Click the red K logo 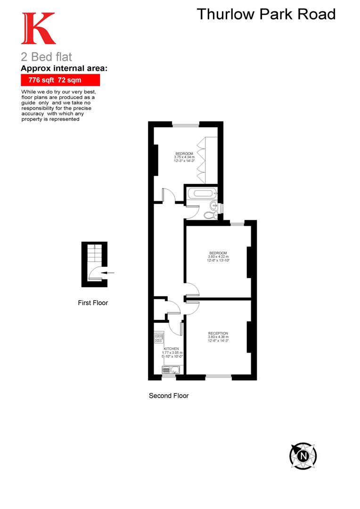(x=38, y=29)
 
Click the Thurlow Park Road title (x=266, y=14)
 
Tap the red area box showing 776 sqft (x=60, y=80)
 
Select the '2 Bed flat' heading (x=47, y=57)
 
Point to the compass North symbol (x=303, y=456)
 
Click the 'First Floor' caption (x=93, y=303)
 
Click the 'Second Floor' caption (x=169, y=395)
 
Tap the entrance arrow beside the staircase (x=110, y=272)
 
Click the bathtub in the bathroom (x=202, y=192)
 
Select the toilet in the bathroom (x=210, y=215)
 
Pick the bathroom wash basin (x=214, y=205)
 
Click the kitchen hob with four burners (x=159, y=337)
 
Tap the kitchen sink (x=168, y=369)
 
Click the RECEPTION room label (x=218, y=334)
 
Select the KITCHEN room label (x=172, y=349)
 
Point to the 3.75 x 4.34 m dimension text (x=184, y=157)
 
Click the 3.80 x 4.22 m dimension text (x=218, y=257)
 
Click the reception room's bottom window (x=218, y=376)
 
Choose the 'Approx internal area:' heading (x=64, y=69)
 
